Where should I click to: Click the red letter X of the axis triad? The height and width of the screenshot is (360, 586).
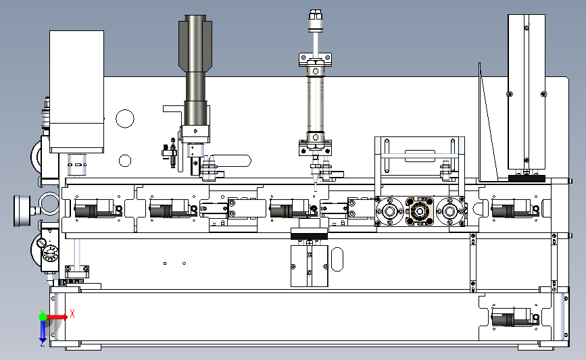pyautogui.click(x=72, y=313)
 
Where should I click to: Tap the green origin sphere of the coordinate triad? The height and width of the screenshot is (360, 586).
pyautogui.click(x=43, y=317)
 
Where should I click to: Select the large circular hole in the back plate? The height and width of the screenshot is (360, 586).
pyautogui.click(x=125, y=119)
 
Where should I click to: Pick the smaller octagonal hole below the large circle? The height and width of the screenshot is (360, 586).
pyautogui.click(x=125, y=161)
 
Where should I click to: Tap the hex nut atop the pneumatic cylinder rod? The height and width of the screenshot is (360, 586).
pyautogui.click(x=316, y=16)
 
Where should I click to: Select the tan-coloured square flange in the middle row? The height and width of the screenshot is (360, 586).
pyautogui.click(x=420, y=211)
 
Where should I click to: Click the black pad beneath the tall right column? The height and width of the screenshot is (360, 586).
pyautogui.click(x=527, y=178)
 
